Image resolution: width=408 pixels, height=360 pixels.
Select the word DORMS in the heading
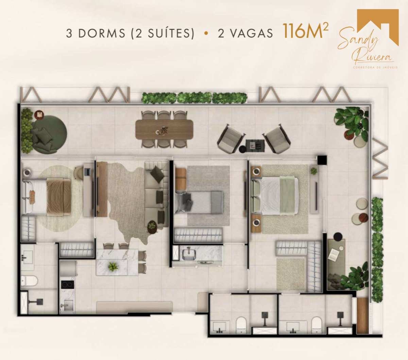(x=102, y=33)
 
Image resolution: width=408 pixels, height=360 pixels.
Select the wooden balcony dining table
(x=164, y=129)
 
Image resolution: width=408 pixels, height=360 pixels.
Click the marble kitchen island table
(x=117, y=262)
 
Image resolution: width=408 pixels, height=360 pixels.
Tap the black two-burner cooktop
(x=67, y=284)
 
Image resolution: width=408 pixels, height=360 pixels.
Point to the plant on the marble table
(x=113, y=266)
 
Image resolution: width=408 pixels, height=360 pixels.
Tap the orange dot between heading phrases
(x=206, y=33)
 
